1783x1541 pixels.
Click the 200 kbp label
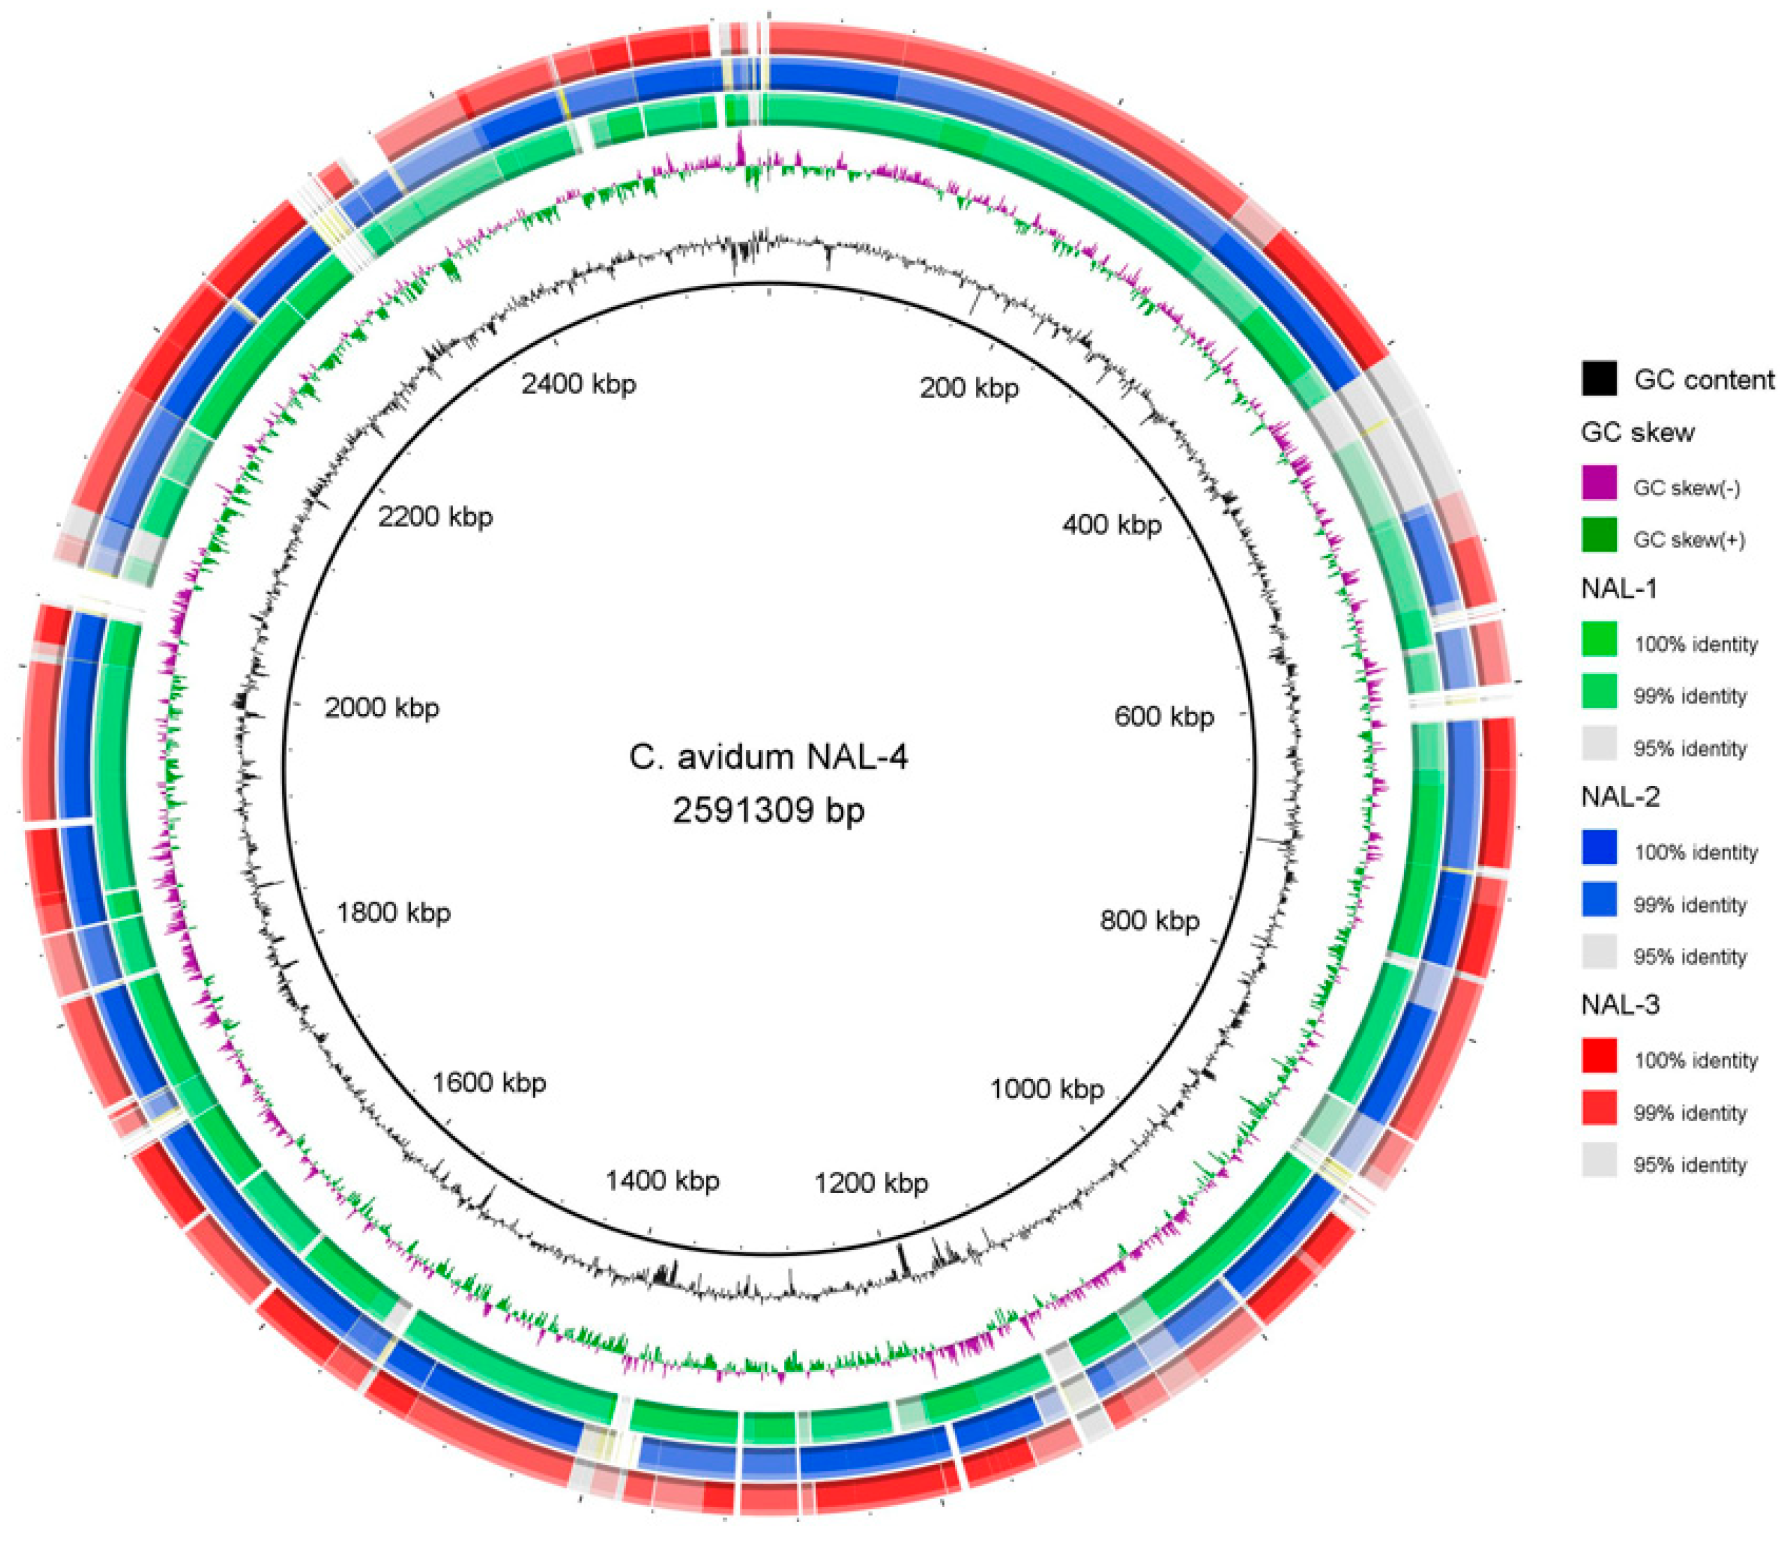click(969, 388)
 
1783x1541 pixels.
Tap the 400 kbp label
click(1112, 524)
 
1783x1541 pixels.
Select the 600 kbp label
click(1163, 716)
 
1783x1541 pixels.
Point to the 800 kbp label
click(1149, 921)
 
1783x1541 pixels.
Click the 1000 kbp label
click(1046, 1089)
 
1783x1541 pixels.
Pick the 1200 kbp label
click(871, 1183)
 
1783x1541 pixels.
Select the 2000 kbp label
click(381, 708)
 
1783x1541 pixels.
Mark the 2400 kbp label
click(579, 384)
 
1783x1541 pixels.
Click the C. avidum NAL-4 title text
click(769, 757)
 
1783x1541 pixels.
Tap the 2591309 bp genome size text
click(769, 810)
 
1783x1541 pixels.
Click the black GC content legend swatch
click(1599, 379)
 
